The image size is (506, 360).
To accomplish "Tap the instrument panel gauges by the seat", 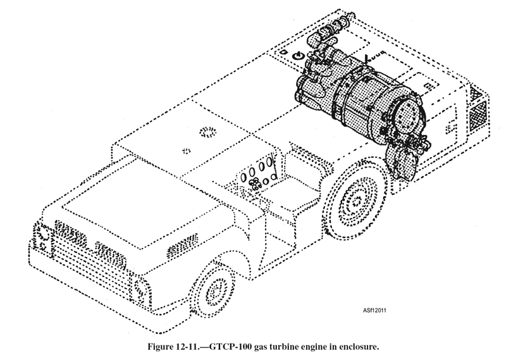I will [x=257, y=174].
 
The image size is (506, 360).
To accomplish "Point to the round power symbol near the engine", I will [x=295, y=56].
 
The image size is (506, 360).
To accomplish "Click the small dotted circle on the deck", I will [x=187, y=150].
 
